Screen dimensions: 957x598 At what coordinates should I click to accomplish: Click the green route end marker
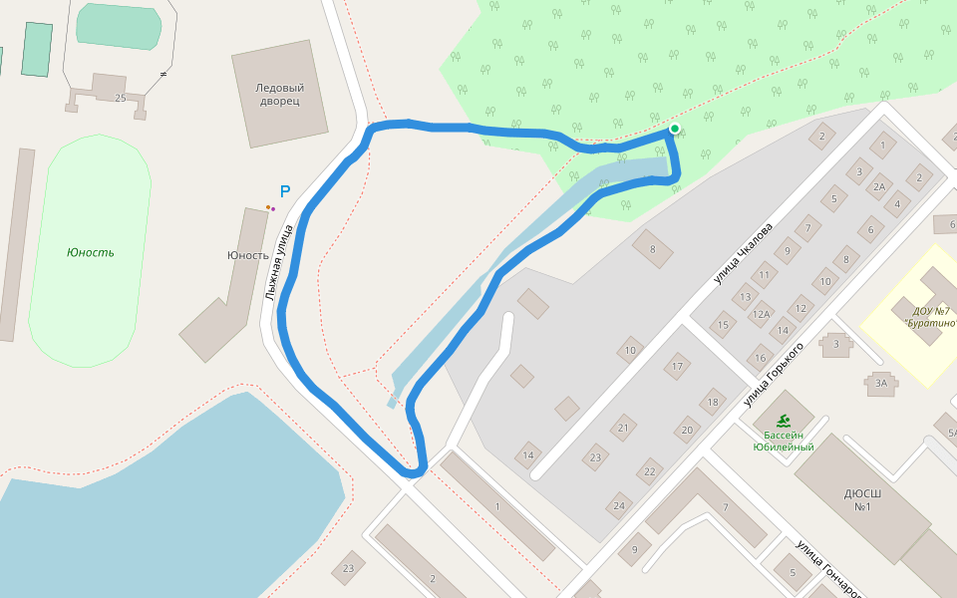tap(675, 129)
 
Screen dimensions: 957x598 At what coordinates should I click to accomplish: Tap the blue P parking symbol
tap(284, 192)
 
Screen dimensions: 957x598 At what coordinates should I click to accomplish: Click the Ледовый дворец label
tap(279, 95)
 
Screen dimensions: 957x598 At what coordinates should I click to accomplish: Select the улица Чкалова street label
tap(743, 253)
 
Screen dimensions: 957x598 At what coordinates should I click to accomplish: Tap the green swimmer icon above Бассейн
tap(784, 421)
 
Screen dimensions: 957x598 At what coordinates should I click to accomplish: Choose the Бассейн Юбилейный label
tap(784, 441)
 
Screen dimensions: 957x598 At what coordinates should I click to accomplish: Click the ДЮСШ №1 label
tap(863, 499)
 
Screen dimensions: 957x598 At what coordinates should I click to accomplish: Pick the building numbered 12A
tap(762, 314)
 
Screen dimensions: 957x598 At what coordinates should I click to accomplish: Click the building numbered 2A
tap(879, 186)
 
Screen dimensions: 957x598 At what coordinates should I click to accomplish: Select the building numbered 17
tap(678, 367)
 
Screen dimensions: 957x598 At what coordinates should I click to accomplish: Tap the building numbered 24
tap(620, 505)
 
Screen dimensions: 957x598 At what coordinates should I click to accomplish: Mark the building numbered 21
tap(623, 428)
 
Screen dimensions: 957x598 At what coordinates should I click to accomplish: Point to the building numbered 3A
tap(880, 383)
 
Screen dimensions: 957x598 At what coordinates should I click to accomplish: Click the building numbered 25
tap(121, 98)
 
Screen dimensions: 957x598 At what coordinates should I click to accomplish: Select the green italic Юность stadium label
tap(90, 252)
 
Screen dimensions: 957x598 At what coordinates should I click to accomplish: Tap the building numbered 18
tap(712, 403)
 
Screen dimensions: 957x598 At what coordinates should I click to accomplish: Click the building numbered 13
tap(744, 296)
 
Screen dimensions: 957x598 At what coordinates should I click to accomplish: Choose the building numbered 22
tap(650, 471)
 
